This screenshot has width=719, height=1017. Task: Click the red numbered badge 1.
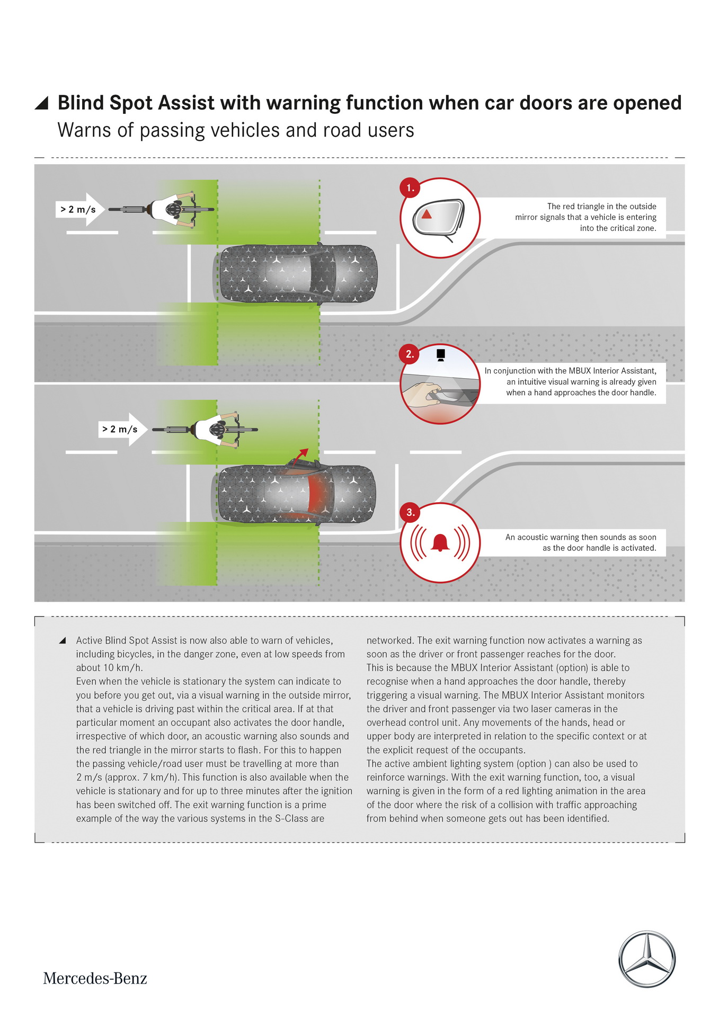[x=410, y=188]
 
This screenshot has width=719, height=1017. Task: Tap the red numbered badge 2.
[x=410, y=354]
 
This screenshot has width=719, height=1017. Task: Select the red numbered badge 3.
[x=410, y=512]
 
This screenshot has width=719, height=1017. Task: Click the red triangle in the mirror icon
[x=427, y=215]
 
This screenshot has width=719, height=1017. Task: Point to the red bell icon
[x=440, y=543]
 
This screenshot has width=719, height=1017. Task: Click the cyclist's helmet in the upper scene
[x=173, y=209]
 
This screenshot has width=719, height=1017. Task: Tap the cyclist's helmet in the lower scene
[x=217, y=430]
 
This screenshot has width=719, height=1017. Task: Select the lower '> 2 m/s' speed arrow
[x=122, y=429]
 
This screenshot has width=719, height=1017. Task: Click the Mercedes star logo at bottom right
[x=647, y=959]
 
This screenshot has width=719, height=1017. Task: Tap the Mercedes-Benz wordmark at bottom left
[x=95, y=978]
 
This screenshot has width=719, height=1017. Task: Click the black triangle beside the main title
[x=42, y=103]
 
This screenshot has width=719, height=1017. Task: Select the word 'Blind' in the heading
[x=81, y=103]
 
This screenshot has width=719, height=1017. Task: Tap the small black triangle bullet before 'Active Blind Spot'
[x=63, y=640]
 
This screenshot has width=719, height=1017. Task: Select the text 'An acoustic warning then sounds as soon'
[x=581, y=537]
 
